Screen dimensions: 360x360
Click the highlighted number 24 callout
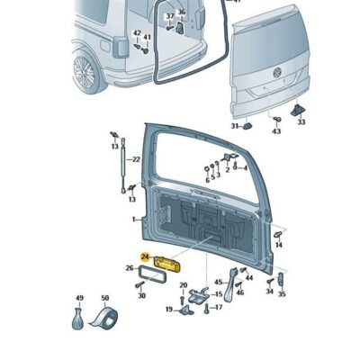click(144, 256)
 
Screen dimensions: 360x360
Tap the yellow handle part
click(169, 264)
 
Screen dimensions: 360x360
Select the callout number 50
click(104, 298)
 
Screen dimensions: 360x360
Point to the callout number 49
click(79, 298)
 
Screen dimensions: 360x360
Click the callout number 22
click(137, 159)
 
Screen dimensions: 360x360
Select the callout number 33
click(301, 121)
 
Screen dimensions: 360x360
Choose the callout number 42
click(137, 34)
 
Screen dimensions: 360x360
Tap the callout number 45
click(218, 283)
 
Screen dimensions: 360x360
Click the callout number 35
click(282, 292)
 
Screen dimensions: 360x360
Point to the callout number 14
click(279, 244)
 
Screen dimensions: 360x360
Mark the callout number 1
click(132, 219)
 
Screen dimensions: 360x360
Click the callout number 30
click(140, 295)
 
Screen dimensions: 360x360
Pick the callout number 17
click(218, 307)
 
